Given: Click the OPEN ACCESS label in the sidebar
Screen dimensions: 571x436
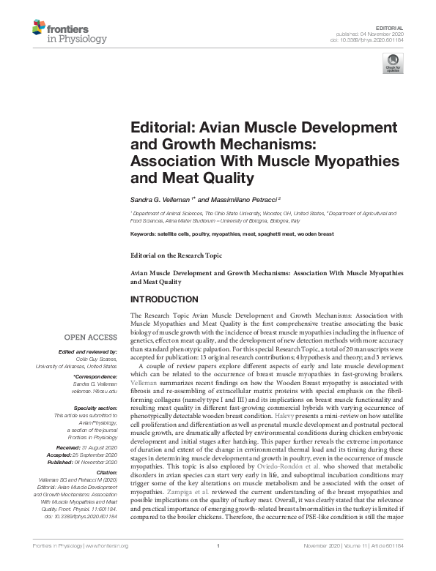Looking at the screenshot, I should coord(90,337).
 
